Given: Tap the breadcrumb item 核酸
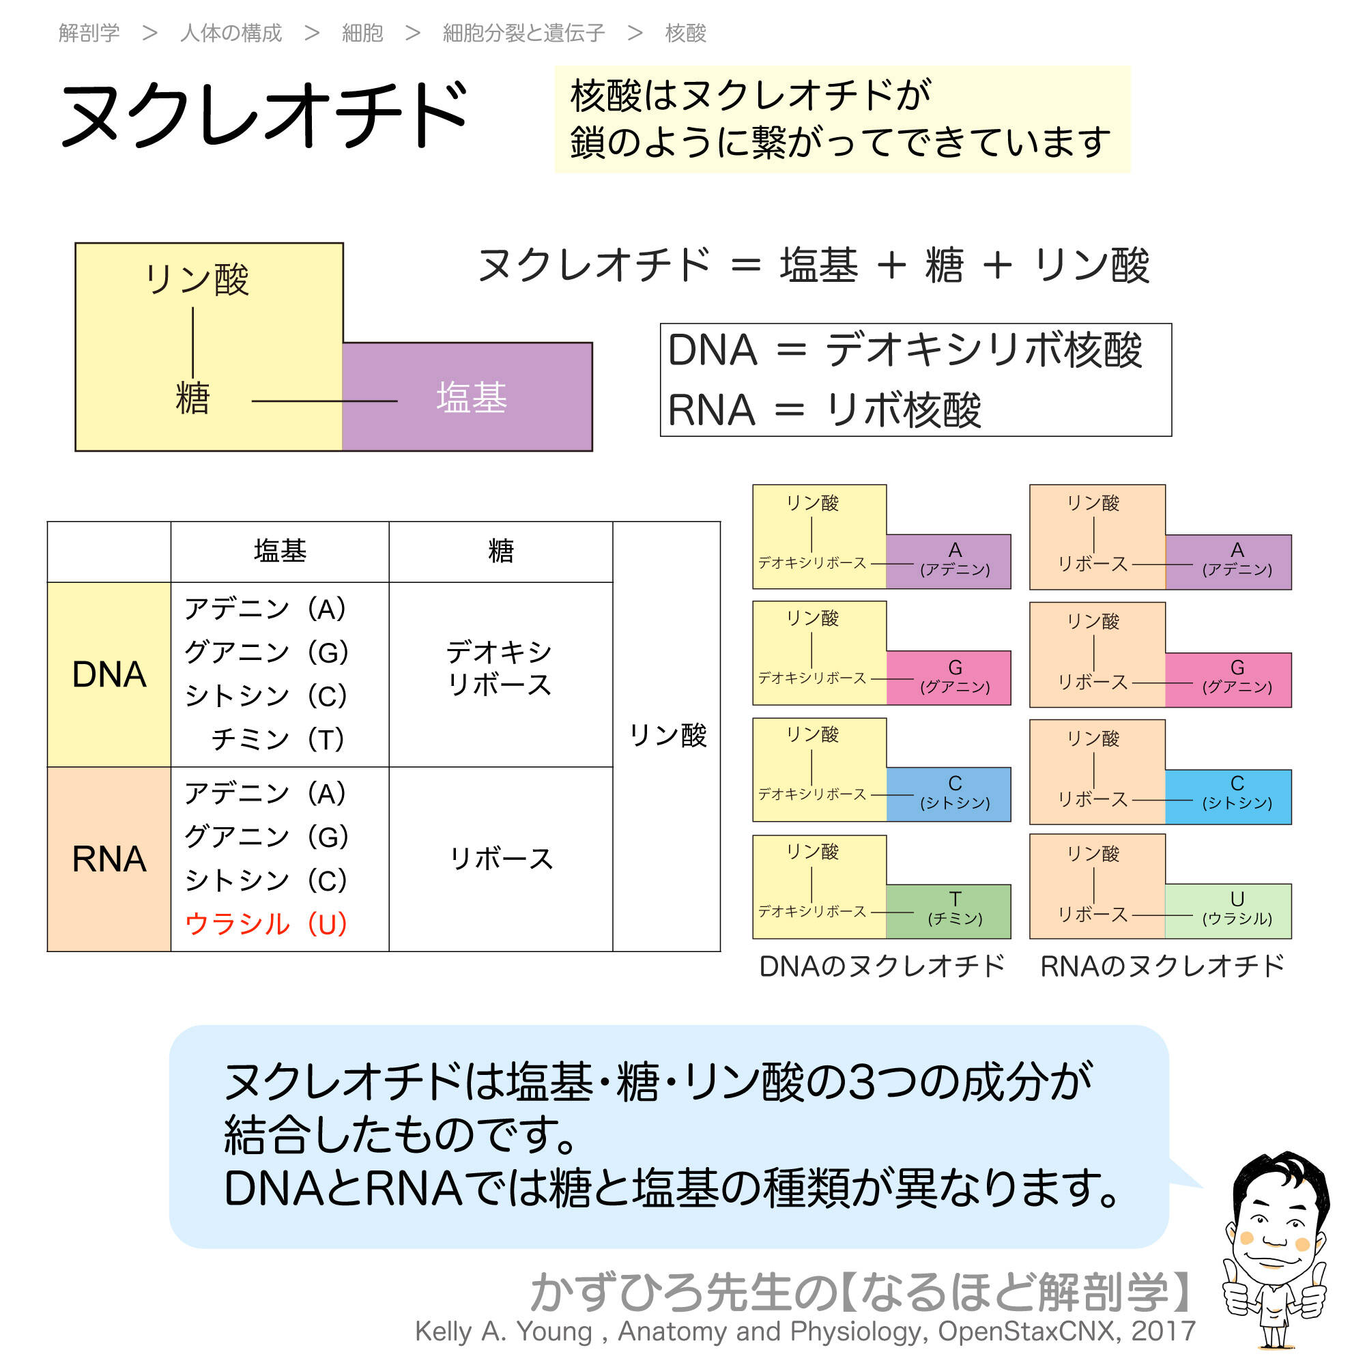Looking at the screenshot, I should pos(685,33).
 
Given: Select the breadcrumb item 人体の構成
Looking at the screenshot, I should pos(231,33).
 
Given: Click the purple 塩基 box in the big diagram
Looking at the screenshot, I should pos(471,397).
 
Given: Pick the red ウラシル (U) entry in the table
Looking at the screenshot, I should pos(265,924).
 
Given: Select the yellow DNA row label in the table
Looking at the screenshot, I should pos(109,675).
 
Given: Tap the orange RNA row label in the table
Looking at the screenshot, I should pos(109,859).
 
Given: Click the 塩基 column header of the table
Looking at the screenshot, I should pos(280,551).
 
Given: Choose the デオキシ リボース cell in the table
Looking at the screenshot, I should pos(500,668).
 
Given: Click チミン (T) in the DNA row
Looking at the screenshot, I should pos(277,740).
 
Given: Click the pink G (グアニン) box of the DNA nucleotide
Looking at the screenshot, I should pos(955,677).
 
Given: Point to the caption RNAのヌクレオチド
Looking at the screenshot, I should pos(1162,966).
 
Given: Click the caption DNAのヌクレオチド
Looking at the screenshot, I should pos(882,966).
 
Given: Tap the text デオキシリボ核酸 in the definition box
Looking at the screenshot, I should pos(983,349).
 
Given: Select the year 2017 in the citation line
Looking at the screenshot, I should pos(1163,1331).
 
